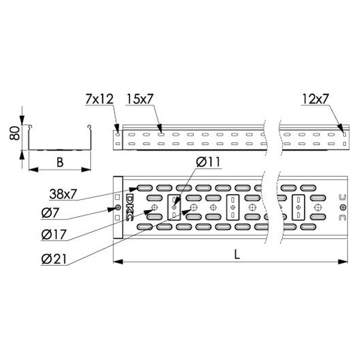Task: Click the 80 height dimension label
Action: pos(14,133)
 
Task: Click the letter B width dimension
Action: pos(60,163)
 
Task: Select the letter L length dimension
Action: pos(237,254)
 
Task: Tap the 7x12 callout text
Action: pos(100,100)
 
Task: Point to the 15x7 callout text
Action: pos(139,99)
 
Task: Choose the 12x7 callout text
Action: pos(316,99)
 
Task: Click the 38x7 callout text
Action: pos(62,194)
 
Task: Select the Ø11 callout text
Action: pos(208,162)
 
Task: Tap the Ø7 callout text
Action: pos(50,214)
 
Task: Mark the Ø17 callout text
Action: pos(54,235)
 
